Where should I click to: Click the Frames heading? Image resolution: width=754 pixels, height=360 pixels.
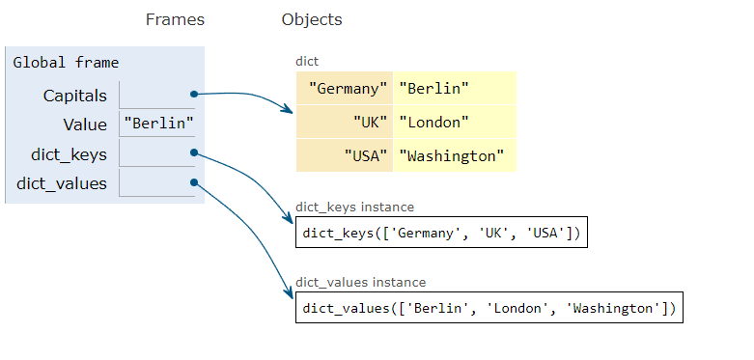point(175,19)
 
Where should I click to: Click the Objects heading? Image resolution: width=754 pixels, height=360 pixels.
point(312,19)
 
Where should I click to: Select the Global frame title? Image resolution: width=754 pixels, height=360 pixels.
point(66,63)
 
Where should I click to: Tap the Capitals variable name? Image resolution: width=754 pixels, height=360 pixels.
point(75,96)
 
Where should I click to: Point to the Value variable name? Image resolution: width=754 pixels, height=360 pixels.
point(85,125)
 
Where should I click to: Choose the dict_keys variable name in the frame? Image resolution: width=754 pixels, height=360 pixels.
point(69,153)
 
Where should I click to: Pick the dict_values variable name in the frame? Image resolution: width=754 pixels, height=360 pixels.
point(62,183)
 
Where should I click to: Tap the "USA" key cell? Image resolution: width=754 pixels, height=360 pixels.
point(366,155)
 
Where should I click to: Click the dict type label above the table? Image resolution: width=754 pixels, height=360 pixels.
point(307,61)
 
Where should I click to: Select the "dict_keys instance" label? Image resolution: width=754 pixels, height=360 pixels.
point(354,207)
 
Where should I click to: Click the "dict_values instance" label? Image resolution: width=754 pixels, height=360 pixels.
point(361,283)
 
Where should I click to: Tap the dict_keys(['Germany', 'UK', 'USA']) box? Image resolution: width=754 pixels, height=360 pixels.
point(441,233)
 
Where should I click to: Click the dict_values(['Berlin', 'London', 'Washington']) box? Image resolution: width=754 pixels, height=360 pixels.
point(489,308)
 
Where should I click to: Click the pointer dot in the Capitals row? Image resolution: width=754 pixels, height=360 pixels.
point(194,94)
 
